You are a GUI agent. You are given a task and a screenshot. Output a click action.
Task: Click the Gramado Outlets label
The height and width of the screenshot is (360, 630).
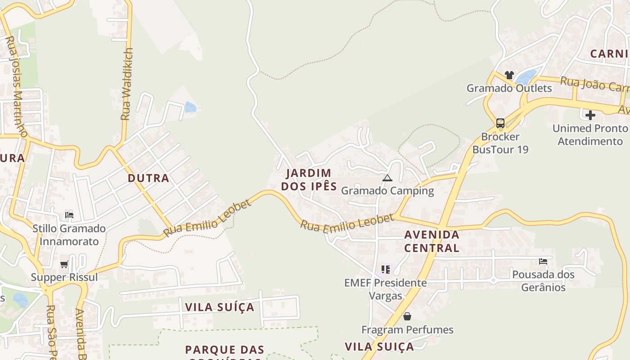(509, 88)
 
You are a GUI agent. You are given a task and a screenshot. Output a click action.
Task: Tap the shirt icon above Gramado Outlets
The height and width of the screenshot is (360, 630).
(509, 75)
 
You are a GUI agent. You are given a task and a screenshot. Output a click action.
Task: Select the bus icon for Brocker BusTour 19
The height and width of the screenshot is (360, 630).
(500, 123)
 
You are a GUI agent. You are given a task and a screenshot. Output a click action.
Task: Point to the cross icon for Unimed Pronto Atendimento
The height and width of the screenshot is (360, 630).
(590, 115)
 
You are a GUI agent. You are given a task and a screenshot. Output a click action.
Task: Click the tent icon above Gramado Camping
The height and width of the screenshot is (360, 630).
(387, 178)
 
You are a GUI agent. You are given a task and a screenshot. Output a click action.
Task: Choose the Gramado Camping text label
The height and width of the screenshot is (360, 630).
(387, 190)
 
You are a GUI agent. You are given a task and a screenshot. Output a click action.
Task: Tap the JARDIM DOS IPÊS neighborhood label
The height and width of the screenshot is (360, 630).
(309, 180)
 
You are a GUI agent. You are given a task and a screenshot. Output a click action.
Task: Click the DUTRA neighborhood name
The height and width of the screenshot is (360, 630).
(148, 178)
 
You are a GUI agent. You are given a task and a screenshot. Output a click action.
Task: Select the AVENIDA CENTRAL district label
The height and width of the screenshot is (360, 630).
(432, 241)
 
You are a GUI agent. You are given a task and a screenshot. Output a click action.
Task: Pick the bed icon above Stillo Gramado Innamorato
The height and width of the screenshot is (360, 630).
(69, 215)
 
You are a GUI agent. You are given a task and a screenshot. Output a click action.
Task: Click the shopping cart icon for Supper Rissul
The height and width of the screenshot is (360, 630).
(64, 264)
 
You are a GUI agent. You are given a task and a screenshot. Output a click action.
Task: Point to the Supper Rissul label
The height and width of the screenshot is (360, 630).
(64, 277)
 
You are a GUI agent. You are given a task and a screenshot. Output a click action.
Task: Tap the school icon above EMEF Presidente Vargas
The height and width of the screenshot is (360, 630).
(385, 270)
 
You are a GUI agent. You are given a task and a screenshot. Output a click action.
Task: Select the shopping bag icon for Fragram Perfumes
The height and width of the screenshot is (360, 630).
(407, 316)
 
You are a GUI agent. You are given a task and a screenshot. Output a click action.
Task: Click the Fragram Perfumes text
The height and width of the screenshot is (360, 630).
(407, 330)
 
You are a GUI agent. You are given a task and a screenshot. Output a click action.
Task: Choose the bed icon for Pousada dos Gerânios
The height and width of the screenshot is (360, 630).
(543, 261)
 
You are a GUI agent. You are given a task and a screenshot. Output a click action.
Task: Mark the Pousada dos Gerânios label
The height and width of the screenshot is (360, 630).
(543, 280)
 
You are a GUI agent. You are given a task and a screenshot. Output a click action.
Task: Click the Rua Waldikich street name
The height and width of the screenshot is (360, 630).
(127, 84)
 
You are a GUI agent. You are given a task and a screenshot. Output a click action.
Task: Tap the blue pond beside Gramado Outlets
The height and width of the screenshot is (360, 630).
(526, 77)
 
